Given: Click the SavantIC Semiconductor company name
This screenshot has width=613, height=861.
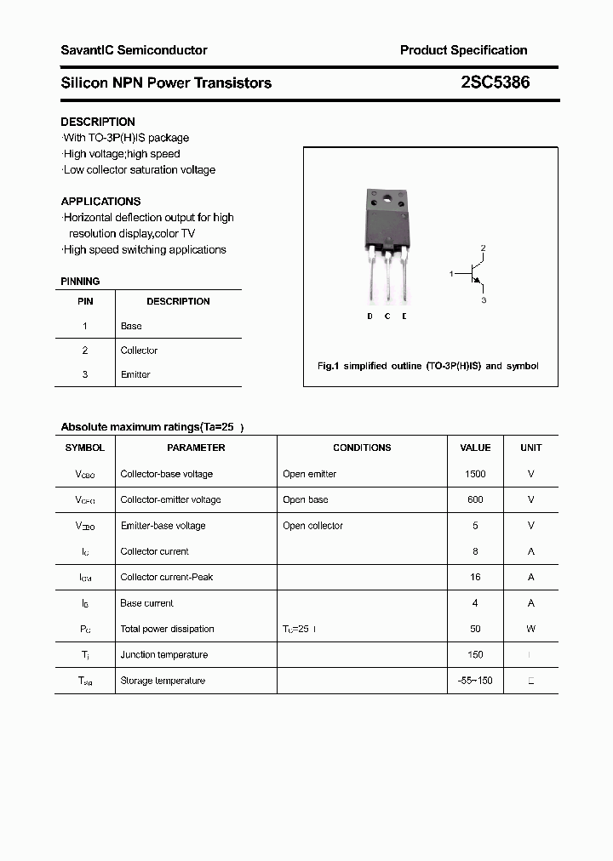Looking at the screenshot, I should click(x=134, y=50).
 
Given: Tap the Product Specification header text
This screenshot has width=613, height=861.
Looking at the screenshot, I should click(x=463, y=50).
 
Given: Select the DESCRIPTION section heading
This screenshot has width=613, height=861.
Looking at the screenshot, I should click(x=98, y=122).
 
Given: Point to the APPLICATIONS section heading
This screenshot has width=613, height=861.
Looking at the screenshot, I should click(x=100, y=202).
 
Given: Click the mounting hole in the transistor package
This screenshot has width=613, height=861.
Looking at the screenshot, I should click(x=388, y=201).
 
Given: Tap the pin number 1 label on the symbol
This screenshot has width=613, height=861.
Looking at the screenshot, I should click(x=451, y=273).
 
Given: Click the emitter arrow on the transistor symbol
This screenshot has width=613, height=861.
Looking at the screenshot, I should click(x=478, y=281).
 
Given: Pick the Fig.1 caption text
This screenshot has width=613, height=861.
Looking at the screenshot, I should click(x=427, y=366).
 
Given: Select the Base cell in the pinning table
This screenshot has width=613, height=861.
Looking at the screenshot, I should click(x=131, y=326).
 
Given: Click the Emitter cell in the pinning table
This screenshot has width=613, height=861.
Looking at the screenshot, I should click(x=135, y=374).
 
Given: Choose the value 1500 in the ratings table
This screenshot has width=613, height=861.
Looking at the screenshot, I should click(x=475, y=474).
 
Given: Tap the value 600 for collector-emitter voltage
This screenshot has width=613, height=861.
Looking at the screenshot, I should click(x=475, y=499).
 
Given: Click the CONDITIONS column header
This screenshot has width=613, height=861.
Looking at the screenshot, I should click(x=362, y=448).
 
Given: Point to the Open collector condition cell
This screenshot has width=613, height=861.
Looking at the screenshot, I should click(x=312, y=526).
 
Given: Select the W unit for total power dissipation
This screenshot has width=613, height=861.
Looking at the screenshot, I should click(x=530, y=629).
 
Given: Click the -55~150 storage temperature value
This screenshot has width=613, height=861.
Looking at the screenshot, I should click(x=475, y=681).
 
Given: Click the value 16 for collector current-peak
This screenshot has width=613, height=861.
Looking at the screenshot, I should click(x=475, y=577).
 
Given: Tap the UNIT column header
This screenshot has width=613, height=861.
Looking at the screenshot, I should click(x=530, y=448).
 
